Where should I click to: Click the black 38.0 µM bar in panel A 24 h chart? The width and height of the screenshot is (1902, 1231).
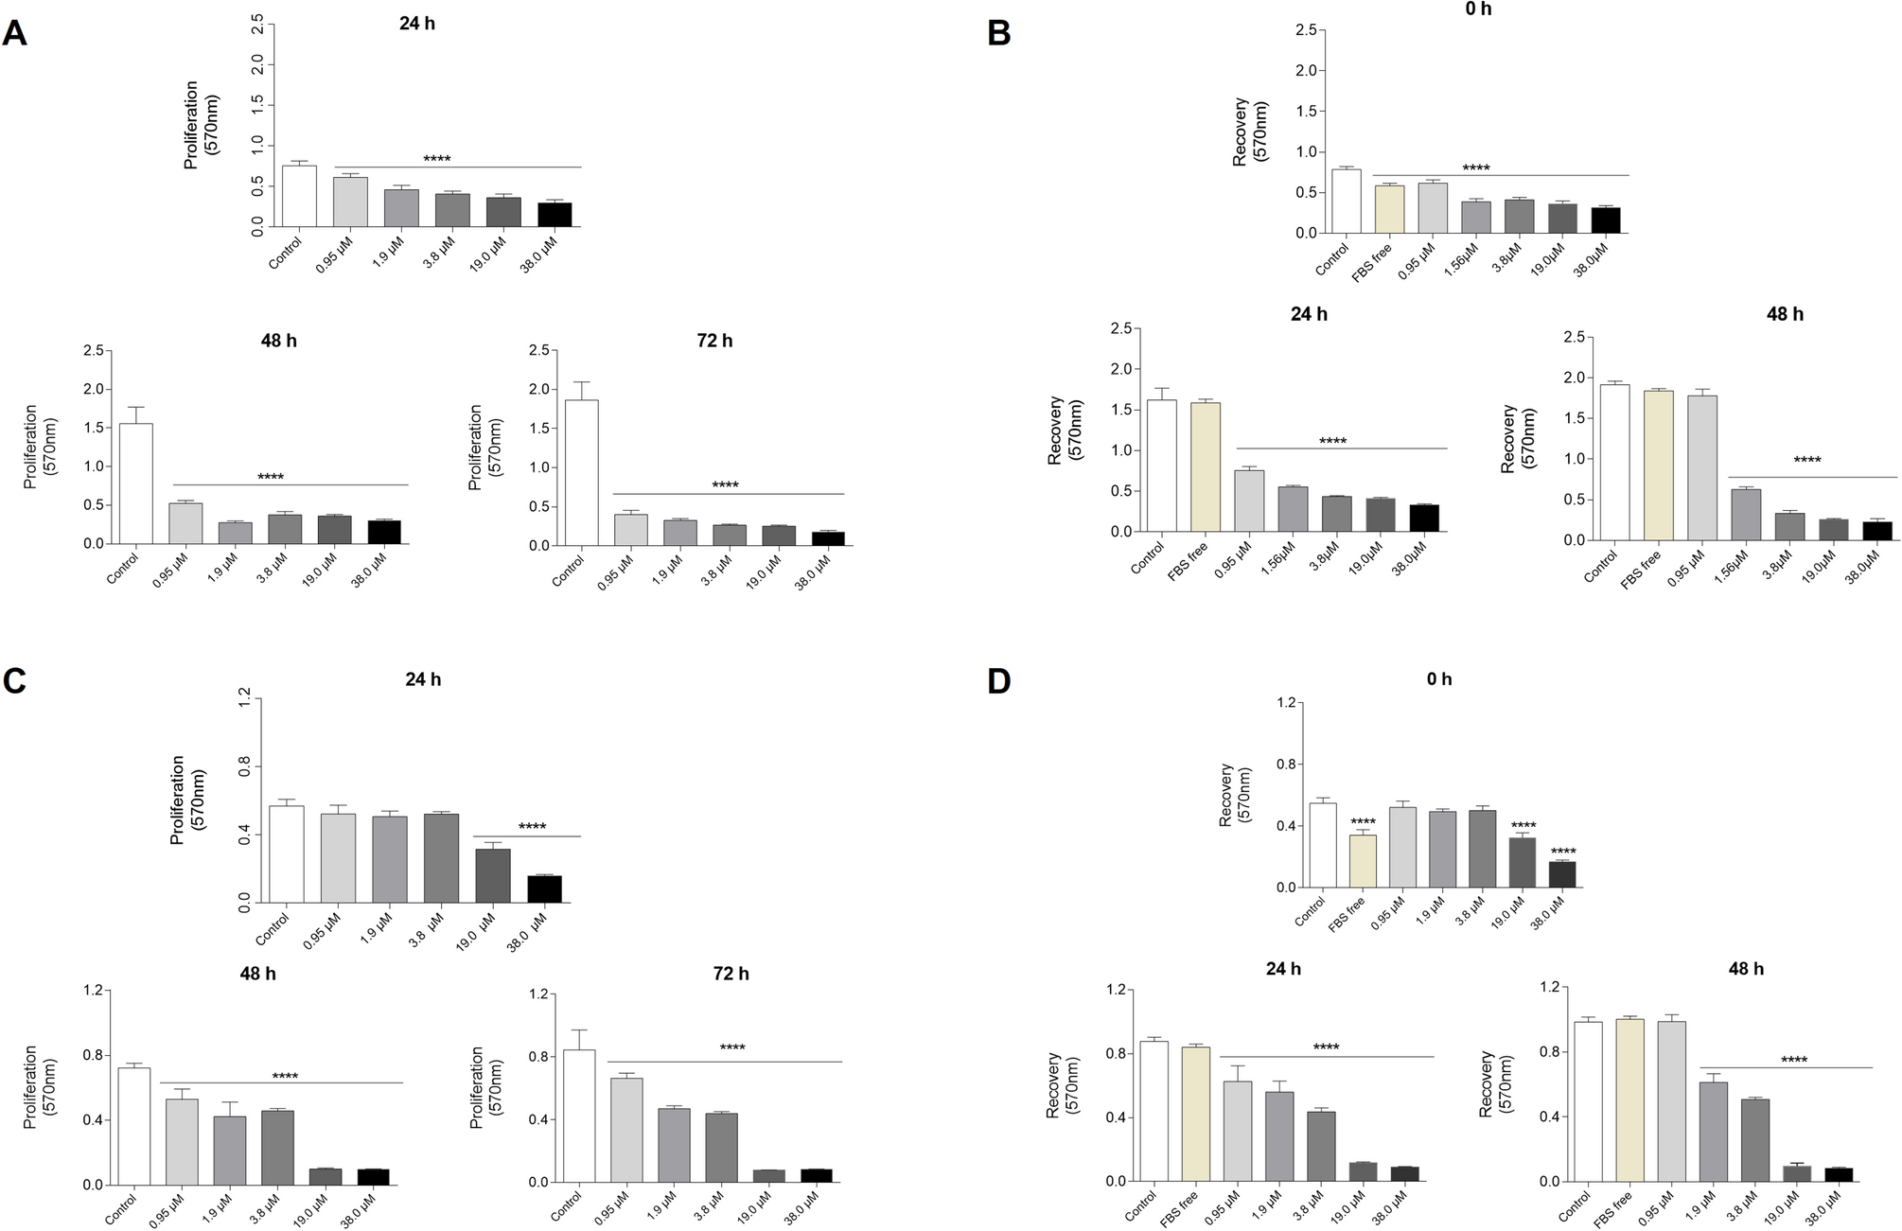click(x=555, y=215)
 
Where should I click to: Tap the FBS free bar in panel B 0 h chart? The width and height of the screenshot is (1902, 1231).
click(x=1389, y=209)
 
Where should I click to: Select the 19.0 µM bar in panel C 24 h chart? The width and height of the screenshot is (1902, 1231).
click(x=492, y=876)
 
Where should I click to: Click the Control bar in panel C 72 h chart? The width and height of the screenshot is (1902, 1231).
click(x=579, y=1117)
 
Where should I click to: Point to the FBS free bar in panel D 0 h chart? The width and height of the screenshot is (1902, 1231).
click(x=1363, y=861)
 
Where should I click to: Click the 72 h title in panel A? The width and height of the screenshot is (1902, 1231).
click(x=714, y=341)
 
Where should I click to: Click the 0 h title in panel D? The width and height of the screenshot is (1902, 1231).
click(x=1438, y=679)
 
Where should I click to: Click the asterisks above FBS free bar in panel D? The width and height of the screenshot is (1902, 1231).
click(x=1363, y=821)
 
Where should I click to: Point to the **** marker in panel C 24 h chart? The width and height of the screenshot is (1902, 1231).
click(x=532, y=827)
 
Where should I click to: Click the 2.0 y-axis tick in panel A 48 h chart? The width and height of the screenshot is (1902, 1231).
click(x=91, y=389)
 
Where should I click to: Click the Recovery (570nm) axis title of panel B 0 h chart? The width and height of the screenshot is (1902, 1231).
click(x=1250, y=132)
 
